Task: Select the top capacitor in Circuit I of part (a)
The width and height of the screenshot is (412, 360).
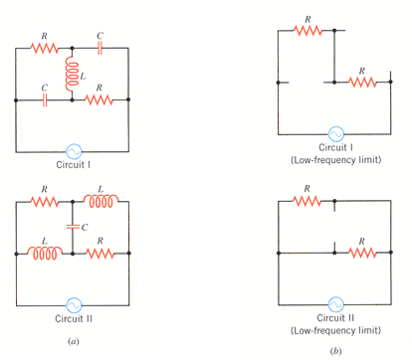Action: click(x=101, y=47)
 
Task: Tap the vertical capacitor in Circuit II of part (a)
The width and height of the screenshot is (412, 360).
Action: click(x=72, y=227)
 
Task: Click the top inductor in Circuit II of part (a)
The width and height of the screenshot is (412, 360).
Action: click(x=101, y=203)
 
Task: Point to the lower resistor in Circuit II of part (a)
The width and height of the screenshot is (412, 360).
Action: click(x=101, y=253)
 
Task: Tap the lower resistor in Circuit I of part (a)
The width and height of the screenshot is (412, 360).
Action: click(x=101, y=100)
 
